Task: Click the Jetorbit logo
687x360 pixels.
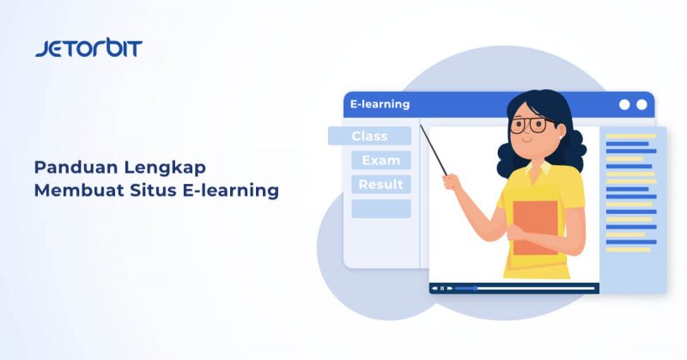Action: [x=88, y=48]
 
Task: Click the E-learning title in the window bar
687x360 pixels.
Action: [x=380, y=105]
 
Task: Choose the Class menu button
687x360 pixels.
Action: [x=369, y=136]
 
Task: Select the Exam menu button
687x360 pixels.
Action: [x=380, y=160]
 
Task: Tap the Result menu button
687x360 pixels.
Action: [x=380, y=184]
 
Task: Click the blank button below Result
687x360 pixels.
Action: [x=380, y=209]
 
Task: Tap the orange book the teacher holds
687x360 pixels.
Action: [x=534, y=228]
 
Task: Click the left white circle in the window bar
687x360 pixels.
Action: [x=624, y=105]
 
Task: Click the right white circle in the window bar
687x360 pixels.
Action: [x=641, y=105]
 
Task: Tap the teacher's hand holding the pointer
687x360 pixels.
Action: [x=450, y=180]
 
